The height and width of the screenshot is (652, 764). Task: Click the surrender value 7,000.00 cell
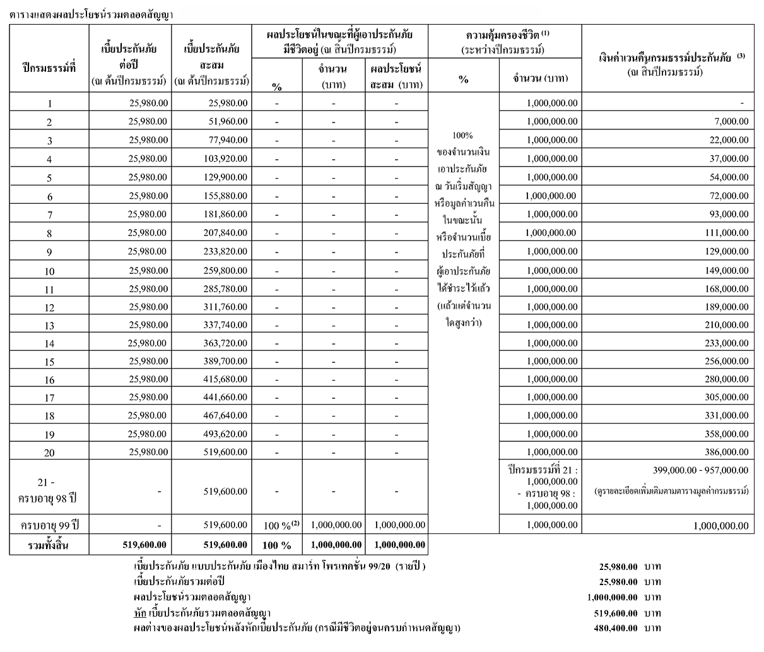tap(731, 122)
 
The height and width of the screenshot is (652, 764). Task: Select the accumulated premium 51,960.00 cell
tap(228, 122)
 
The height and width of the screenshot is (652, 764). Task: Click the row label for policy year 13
tap(49, 326)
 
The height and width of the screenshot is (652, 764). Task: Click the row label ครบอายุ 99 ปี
tap(49, 525)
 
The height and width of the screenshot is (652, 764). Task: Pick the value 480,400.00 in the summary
tap(616, 629)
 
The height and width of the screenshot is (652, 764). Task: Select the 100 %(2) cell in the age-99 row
tap(277, 525)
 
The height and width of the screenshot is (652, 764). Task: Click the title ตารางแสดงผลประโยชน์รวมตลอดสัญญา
tap(91, 13)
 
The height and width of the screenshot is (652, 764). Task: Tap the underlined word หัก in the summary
tap(140, 613)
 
